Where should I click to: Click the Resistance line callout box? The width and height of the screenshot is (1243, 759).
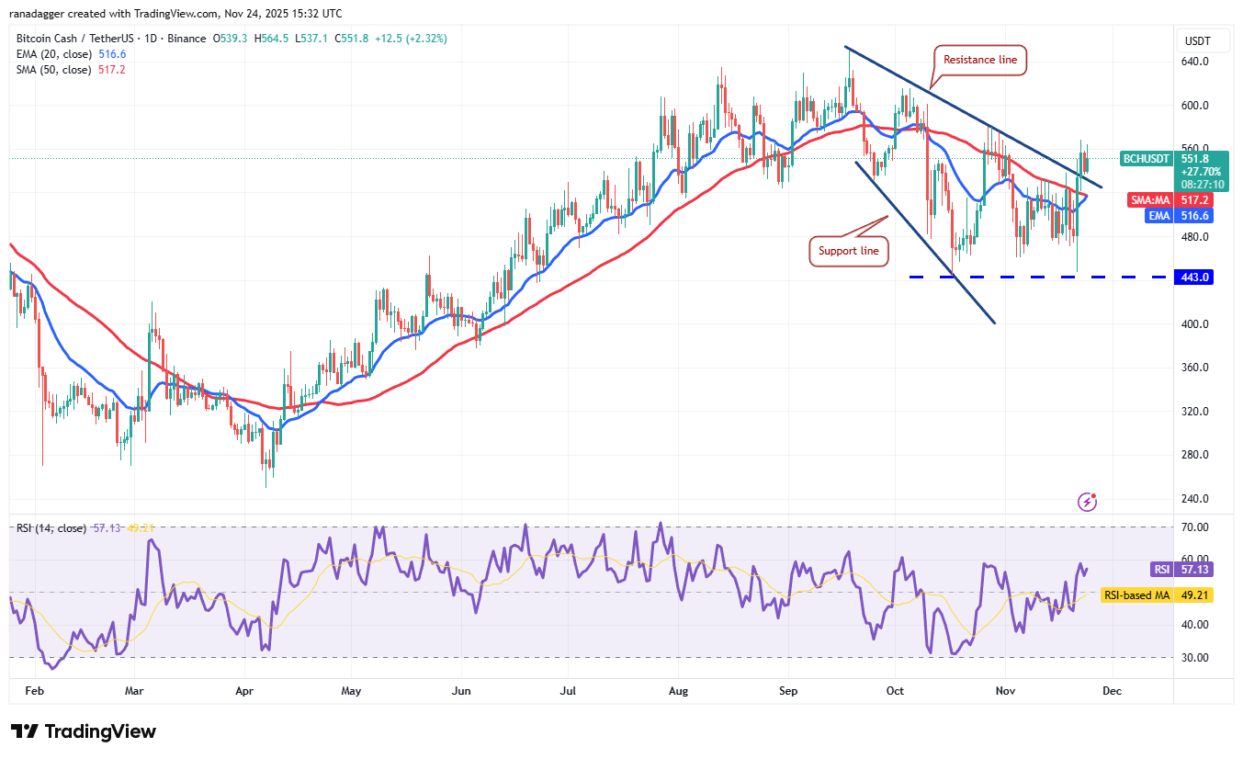tap(980, 61)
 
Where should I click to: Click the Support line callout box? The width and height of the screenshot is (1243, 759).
tap(849, 251)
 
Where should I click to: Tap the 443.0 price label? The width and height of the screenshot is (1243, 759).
tap(1193, 277)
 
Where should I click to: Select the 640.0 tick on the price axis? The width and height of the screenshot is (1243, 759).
tap(1195, 62)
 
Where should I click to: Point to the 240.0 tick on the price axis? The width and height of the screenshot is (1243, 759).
tap(1195, 499)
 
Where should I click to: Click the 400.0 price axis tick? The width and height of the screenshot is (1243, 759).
tap(1195, 324)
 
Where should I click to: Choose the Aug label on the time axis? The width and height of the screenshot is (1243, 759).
tap(678, 689)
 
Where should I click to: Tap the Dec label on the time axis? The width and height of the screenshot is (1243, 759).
tap(1111, 689)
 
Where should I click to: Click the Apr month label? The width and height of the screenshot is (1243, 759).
tap(244, 689)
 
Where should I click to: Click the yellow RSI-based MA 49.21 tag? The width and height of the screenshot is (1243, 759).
tap(1158, 595)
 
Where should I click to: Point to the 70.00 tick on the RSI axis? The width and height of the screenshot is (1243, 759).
tap(1195, 527)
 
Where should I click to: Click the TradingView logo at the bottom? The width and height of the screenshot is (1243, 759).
tap(84, 731)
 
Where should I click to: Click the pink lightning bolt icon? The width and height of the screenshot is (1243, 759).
tap(1088, 502)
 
